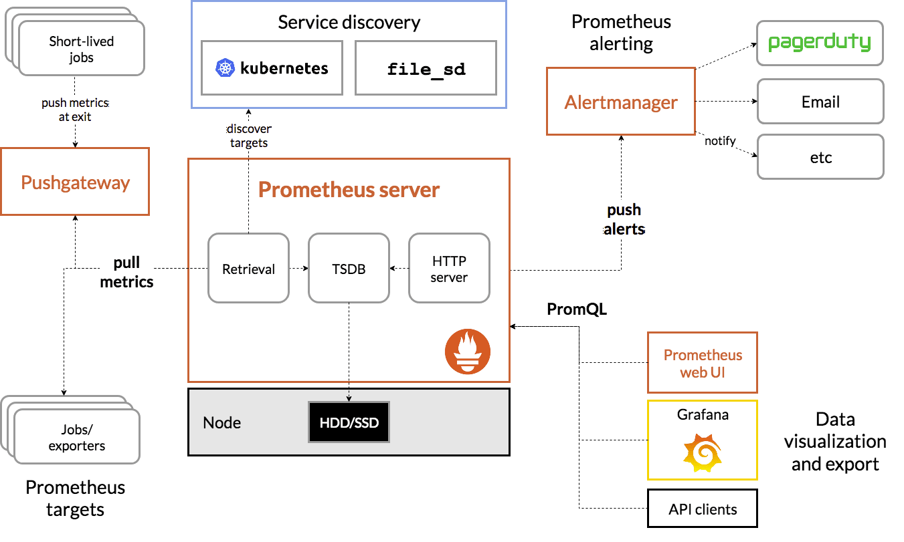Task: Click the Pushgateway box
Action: click(75, 182)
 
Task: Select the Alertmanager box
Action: click(621, 102)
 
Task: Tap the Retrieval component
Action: click(248, 268)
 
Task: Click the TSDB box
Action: click(349, 268)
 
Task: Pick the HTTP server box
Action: click(449, 268)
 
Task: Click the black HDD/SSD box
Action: click(349, 422)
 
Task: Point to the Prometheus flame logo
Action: click(468, 352)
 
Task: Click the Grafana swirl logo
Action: click(703, 452)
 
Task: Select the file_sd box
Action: click(426, 67)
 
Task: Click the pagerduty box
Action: click(820, 43)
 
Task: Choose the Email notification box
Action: click(820, 102)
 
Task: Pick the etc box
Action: click(820, 157)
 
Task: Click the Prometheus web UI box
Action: click(703, 363)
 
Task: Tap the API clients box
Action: click(703, 509)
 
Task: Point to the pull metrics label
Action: click(126, 271)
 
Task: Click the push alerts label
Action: click(624, 219)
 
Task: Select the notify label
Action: click(720, 140)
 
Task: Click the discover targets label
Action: click(249, 136)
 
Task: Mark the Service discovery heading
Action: click(349, 22)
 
